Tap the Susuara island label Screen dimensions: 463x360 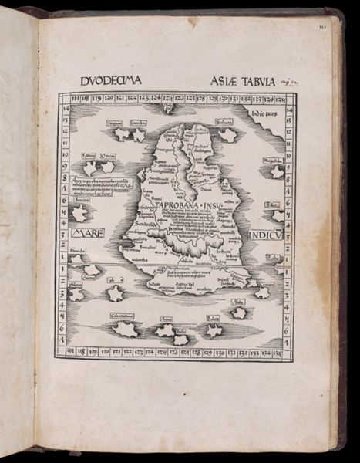tap(226, 123)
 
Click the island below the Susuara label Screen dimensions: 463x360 tap(227, 135)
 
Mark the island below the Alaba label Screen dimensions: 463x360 tap(239, 313)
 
